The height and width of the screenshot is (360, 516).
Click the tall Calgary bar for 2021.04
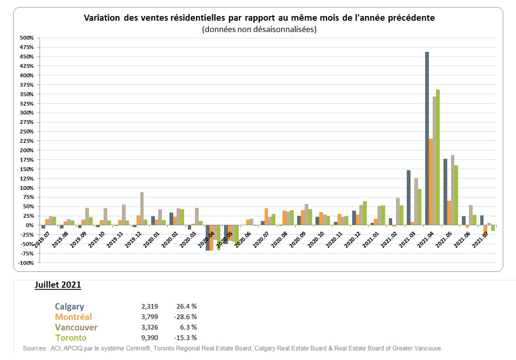tap(427, 139)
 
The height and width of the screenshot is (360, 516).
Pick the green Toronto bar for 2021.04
tap(438, 157)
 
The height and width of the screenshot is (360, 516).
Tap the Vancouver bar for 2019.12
tap(142, 209)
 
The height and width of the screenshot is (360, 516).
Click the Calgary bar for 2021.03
tap(409, 197)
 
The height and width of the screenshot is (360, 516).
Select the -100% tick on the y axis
tap(26, 263)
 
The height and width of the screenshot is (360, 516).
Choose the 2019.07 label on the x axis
tap(44, 236)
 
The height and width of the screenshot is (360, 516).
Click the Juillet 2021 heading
tap(57, 285)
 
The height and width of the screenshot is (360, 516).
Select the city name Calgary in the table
tap(70, 307)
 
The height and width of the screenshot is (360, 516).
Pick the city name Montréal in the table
tap(73, 317)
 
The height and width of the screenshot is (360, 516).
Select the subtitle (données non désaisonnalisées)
tap(259, 29)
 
